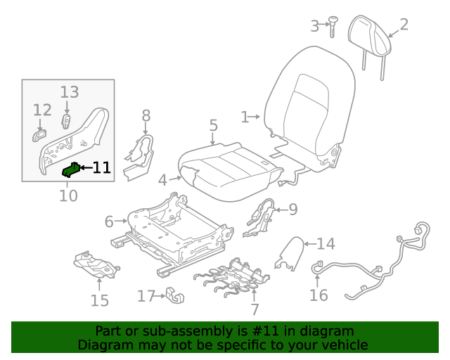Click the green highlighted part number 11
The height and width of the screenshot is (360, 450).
pyautogui.click(x=71, y=169)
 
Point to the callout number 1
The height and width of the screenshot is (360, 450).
pyautogui.click(x=245, y=117)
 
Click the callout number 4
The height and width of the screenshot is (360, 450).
pyautogui.click(x=162, y=180)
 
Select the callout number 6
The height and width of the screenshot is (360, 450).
pyautogui.click(x=108, y=221)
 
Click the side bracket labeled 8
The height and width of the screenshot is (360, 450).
pyautogui.click(x=141, y=155)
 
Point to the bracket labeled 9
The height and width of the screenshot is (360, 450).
pyautogui.click(x=260, y=216)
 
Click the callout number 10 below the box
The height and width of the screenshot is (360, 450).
pyautogui.click(x=68, y=195)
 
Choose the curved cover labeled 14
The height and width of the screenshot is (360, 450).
pyautogui.click(x=290, y=253)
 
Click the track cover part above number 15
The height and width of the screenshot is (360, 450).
pyautogui.click(x=96, y=266)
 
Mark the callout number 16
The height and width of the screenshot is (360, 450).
pyautogui.click(x=319, y=295)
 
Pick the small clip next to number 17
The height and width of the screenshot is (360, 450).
pyautogui.click(x=174, y=297)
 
